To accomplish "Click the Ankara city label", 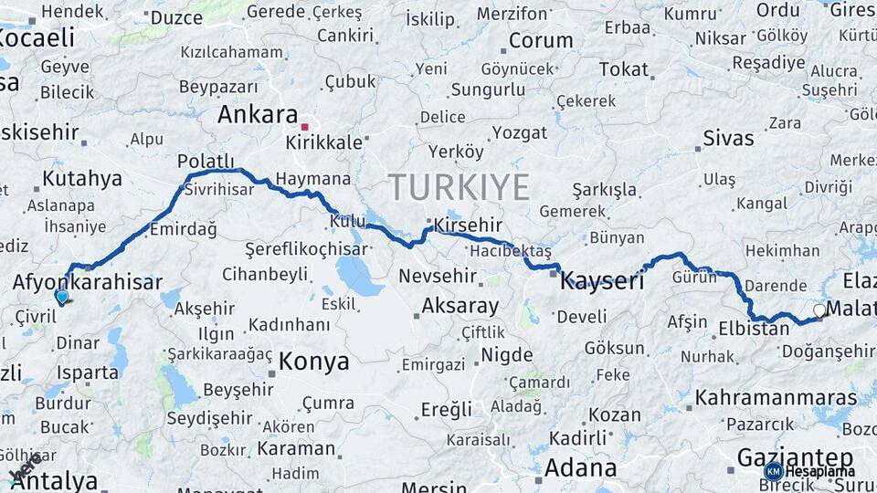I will point(258,115).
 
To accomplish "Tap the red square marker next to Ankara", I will point(305,127).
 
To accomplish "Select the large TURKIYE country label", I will point(460,187).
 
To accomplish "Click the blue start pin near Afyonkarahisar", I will point(62,297).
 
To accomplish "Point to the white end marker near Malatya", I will point(819,310).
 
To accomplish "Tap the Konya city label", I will point(313,362).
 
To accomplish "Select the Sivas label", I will point(728,139).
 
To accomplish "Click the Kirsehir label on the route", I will point(470,225).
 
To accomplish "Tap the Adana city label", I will point(580,468).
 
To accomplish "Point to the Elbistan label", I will point(754,329).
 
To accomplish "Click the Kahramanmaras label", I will point(777,398).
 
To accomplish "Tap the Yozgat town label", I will point(519,133).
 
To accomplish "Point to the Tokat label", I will point(623,69).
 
